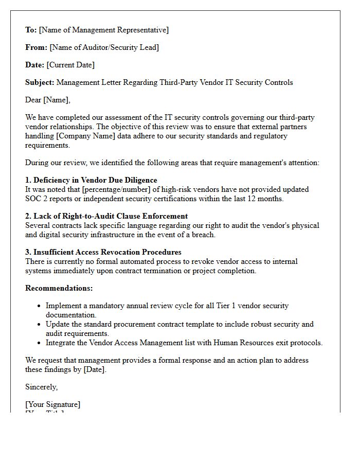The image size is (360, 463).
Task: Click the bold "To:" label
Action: click(31, 30)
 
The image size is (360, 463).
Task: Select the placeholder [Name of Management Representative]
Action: click(103, 30)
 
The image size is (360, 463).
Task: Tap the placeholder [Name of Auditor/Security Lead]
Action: click(104, 47)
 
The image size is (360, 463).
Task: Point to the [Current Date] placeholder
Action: click(70, 65)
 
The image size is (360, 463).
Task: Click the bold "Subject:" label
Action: click(40, 82)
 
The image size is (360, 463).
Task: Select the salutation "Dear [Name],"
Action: click(48, 100)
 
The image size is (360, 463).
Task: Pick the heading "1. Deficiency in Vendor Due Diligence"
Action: click(91, 180)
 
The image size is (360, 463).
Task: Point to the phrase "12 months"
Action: click(265, 199)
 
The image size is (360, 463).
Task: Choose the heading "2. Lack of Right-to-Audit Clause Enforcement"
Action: click(106, 216)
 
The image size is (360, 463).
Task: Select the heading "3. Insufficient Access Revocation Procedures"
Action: click(103, 252)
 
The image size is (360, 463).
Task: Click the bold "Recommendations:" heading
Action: click(59, 288)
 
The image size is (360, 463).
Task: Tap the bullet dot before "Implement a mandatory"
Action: click(39, 306)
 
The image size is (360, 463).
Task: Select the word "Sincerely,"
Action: click(42, 387)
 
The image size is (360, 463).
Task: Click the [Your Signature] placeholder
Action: click(53, 404)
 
